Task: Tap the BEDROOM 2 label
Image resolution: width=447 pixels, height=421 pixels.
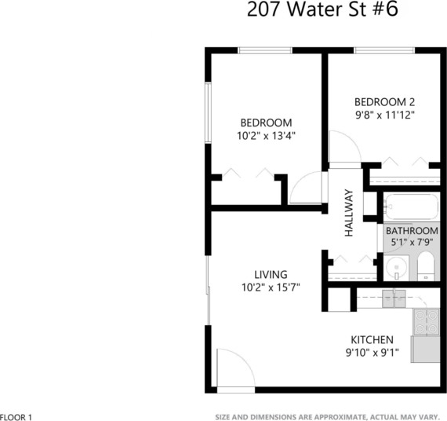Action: coord(383,101)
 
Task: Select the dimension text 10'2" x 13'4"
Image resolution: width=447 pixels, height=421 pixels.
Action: coord(266,136)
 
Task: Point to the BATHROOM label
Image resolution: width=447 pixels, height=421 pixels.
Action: coord(411,230)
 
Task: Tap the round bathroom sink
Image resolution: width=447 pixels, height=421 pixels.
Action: coord(398,268)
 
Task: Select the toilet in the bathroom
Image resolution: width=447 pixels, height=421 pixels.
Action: coord(425,267)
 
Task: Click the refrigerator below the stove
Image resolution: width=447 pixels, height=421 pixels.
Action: coord(426,346)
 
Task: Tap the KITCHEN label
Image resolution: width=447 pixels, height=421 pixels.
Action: coord(371,339)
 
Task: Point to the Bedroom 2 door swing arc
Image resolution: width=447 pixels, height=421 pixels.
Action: coord(342,146)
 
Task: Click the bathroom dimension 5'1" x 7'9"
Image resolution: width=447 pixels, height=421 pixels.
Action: coord(411,243)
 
